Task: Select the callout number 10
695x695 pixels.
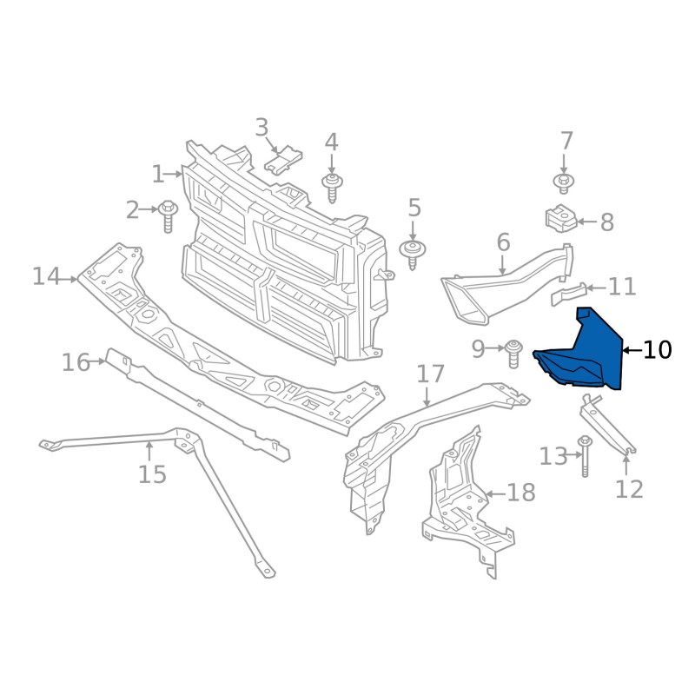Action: [x=658, y=350]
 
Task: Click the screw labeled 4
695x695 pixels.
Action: [x=331, y=186]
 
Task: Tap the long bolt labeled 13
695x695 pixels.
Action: [x=585, y=456]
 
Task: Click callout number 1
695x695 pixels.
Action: [x=158, y=175]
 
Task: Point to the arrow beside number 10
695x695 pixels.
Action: [x=632, y=350]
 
